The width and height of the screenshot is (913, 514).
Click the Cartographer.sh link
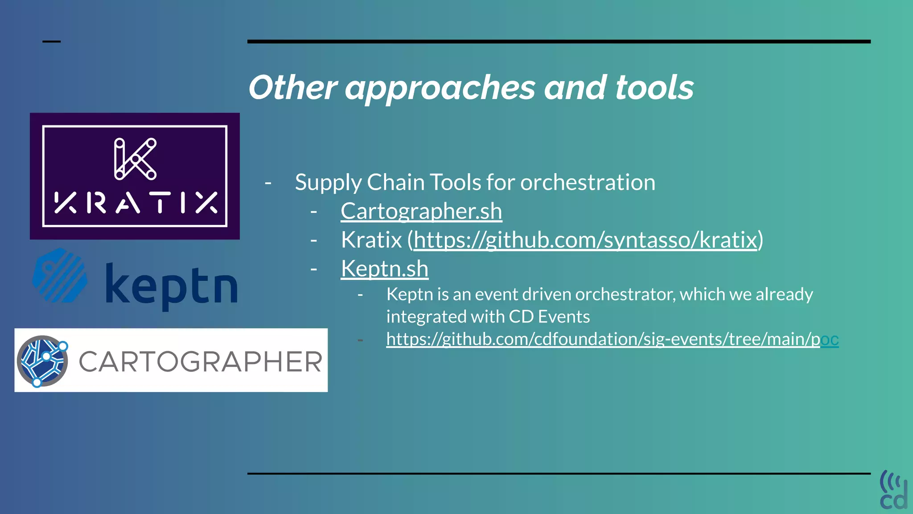tap(421, 211)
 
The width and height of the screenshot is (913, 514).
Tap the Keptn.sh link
tap(384, 269)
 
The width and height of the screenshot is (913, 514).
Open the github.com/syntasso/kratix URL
tap(585, 240)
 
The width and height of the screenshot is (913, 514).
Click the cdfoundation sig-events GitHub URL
tap(612, 339)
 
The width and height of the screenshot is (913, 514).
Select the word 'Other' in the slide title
tap(292, 87)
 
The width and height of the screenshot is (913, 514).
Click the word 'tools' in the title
tap(654, 87)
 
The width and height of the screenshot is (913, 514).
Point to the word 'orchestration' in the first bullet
tap(588, 182)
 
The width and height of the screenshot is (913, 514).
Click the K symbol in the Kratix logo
tap(135, 159)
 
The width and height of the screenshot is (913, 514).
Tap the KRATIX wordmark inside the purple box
tap(135, 203)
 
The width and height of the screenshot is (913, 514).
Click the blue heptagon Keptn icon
tap(60, 276)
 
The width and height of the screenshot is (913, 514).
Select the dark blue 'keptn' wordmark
tap(171, 286)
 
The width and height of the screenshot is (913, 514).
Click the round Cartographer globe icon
tap(42, 361)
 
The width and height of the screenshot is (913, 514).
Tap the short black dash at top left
tap(51, 41)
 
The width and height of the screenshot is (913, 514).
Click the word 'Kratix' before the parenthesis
tap(371, 240)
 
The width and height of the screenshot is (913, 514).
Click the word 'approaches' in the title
tap(440, 87)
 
